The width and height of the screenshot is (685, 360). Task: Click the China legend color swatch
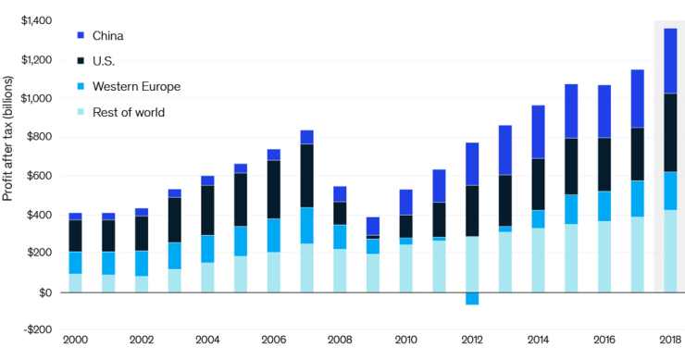pyautogui.click(x=81, y=35)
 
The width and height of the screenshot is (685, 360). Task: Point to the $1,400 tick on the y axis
pyautogui.click(x=36, y=20)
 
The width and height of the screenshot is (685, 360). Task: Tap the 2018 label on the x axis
pyautogui.click(x=669, y=341)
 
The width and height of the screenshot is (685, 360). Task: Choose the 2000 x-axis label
pyautogui.click(x=75, y=341)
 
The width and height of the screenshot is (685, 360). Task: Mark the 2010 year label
pyautogui.click(x=405, y=341)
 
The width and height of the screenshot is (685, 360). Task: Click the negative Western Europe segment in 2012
pyautogui.click(x=472, y=298)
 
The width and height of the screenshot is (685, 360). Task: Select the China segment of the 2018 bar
pyautogui.click(x=669, y=60)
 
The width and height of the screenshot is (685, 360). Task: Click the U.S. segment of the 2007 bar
pyautogui.click(x=306, y=175)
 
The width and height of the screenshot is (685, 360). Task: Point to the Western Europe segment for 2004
pyautogui.click(x=207, y=249)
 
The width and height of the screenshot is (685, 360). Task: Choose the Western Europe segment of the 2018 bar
pyautogui.click(x=669, y=191)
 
